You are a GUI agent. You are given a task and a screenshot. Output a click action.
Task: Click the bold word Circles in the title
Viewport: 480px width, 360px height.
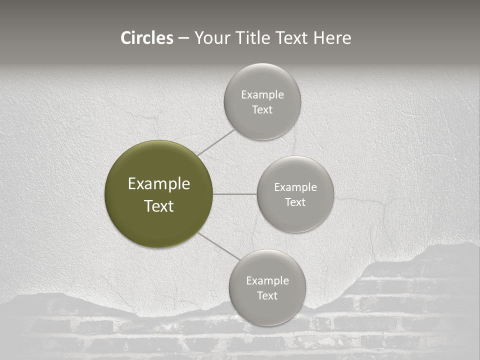click(x=147, y=38)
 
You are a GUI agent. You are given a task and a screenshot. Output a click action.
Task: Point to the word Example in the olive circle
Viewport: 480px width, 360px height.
click(x=159, y=184)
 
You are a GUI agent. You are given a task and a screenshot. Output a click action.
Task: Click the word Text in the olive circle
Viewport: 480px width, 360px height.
click(x=159, y=206)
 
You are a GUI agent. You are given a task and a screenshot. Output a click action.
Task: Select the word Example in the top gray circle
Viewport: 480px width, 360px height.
click(x=262, y=95)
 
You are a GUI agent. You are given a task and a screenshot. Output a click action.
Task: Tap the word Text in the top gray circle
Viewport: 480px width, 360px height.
click(x=262, y=110)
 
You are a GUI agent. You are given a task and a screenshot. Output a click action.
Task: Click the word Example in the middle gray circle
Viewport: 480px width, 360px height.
click(x=295, y=187)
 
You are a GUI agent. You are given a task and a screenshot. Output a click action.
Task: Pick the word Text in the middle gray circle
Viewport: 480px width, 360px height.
click(x=295, y=202)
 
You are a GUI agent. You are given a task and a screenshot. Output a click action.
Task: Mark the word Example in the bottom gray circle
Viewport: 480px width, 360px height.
click(x=267, y=281)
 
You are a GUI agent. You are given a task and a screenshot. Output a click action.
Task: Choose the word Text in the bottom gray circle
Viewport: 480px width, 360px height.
click(x=267, y=296)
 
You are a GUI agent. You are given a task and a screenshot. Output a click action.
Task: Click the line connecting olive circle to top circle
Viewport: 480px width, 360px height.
click(x=216, y=142)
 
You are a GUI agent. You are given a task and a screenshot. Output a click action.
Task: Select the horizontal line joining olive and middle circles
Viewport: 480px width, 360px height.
click(x=235, y=194)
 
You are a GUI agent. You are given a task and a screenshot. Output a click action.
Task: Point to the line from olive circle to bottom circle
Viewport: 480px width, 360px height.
click(x=219, y=246)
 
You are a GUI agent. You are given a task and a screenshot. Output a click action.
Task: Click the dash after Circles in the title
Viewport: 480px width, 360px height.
click(x=183, y=38)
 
